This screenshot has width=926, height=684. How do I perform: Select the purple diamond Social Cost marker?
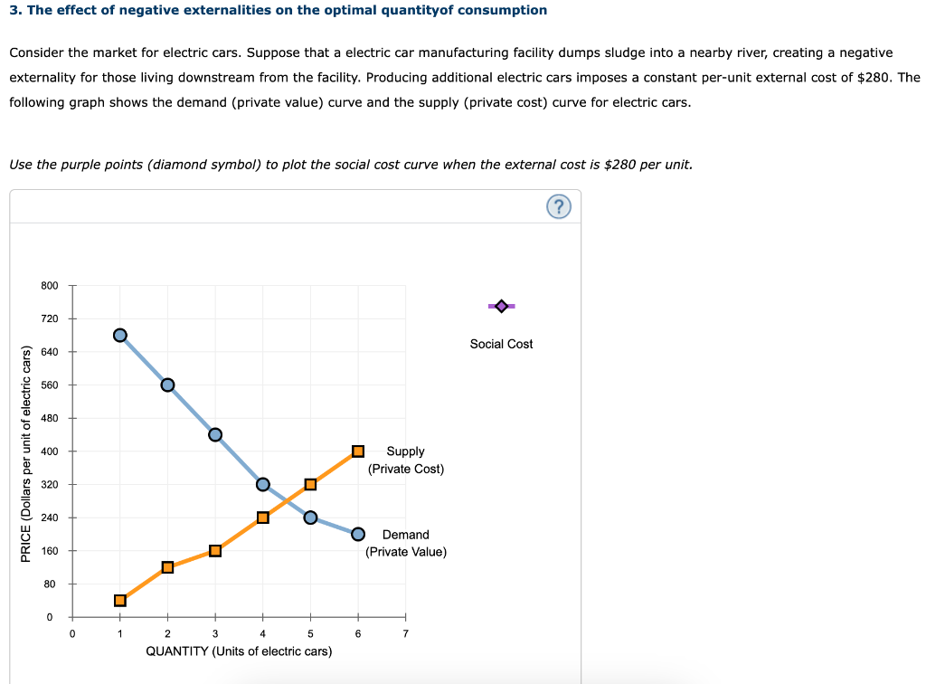[x=501, y=307]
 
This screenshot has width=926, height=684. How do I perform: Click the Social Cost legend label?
[x=501, y=344]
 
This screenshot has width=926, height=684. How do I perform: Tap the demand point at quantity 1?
[x=120, y=335]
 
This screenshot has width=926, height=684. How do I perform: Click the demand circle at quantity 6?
[x=358, y=534]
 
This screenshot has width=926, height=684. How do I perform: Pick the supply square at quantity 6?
[x=358, y=451]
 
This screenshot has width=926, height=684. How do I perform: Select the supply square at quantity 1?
[x=120, y=600]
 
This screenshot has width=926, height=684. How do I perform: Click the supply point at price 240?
[x=263, y=518]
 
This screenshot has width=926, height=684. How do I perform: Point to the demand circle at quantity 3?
[x=215, y=434]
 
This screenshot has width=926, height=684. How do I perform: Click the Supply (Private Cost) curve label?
[x=405, y=460]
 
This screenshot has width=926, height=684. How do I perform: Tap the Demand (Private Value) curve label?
[x=405, y=543]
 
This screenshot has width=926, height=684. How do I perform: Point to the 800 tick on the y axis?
[x=50, y=286]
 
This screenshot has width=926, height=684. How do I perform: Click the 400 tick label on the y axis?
[x=50, y=451]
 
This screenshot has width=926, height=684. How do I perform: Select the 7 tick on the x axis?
[x=405, y=633]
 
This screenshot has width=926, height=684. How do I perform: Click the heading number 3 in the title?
[x=14, y=10]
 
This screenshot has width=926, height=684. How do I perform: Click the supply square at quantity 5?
[x=310, y=484]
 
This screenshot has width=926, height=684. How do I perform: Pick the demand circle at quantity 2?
[x=167, y=385]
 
